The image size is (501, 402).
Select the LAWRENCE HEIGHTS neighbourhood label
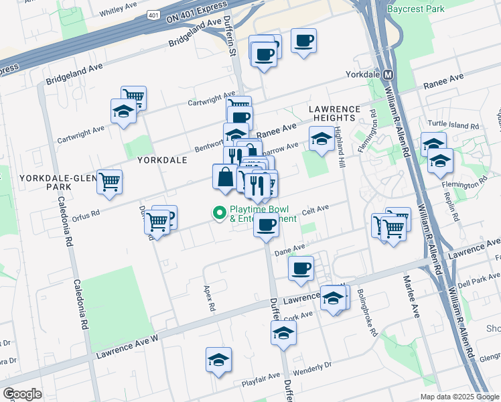click(x=335, y=113)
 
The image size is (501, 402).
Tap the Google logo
click(x=22, y=394)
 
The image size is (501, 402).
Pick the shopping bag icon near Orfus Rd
click(x=224, y=178)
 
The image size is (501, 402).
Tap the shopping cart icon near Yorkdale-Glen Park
click(x=109, y=182)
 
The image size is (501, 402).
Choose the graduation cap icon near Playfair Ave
click(x=218, y=360)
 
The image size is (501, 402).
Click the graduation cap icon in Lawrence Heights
click(x=321, y=139)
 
